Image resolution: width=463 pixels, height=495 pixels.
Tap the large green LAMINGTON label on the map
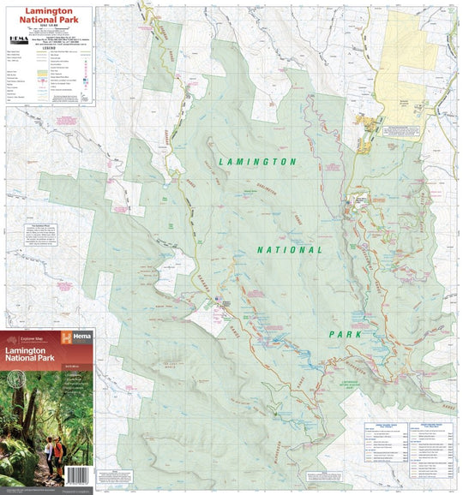click(257, 161)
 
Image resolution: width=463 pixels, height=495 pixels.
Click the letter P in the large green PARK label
click(331, 333)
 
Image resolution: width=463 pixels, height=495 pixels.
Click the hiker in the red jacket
click(58, 451)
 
